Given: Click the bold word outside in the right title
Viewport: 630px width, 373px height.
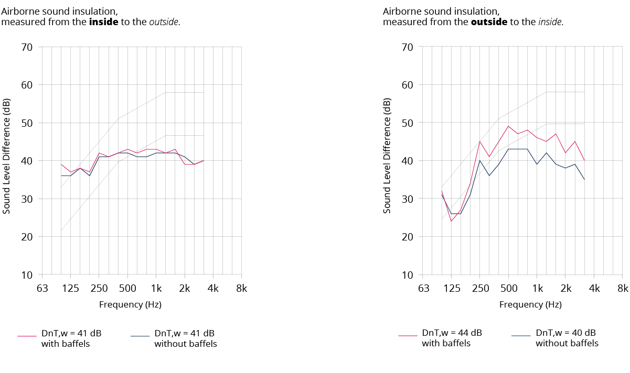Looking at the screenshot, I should coord(488,22).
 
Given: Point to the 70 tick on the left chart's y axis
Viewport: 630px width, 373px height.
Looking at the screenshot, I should coord(27,47).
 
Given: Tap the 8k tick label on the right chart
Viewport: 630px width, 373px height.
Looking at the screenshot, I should coord(623,288).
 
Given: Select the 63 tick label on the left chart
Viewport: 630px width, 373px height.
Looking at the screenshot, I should coord(42,288).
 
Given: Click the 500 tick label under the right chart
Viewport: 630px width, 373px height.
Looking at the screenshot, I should coord(509,288).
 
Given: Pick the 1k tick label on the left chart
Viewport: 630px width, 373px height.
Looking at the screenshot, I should coord(156,288).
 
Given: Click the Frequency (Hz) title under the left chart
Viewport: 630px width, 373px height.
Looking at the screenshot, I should coord(130,304).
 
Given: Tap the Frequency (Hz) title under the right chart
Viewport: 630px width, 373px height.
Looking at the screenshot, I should coord(530,304).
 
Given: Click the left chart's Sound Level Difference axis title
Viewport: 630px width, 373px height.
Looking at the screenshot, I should coord(7,156).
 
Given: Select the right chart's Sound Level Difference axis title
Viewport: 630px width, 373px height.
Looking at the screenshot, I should coord(387,156).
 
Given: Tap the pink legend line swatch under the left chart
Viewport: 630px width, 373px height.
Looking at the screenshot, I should coord(26,336).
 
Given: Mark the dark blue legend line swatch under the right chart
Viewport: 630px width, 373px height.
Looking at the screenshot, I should coord(520,336).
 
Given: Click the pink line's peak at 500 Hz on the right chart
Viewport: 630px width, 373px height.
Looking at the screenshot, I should coord(508,126).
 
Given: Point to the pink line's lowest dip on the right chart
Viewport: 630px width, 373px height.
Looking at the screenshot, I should coord(451,221).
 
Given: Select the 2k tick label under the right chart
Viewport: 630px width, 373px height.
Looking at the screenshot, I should coord(565,288).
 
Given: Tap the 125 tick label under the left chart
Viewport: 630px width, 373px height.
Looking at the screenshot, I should coord(71,288).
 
